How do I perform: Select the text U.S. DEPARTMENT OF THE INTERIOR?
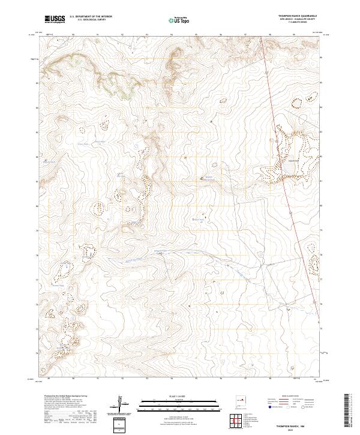[x=90, y=17]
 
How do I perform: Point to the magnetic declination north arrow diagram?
[x=124, y=405]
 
